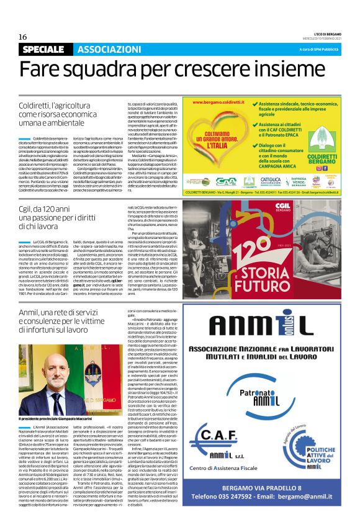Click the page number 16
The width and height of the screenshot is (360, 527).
(x=22, y=37)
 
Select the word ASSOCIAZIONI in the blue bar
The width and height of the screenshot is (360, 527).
(x=109, y=50)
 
